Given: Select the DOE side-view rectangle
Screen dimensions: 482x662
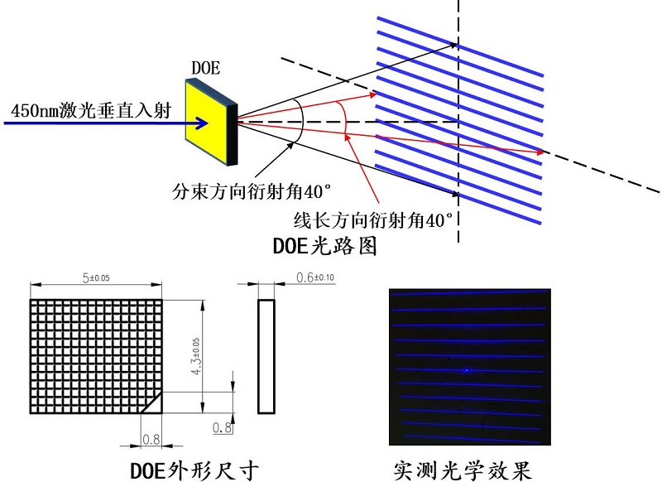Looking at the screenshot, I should coord(266,356).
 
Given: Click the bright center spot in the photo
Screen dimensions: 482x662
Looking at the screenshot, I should coord(466,370).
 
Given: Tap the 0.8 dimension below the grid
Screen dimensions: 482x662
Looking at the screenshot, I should coord(151,438).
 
